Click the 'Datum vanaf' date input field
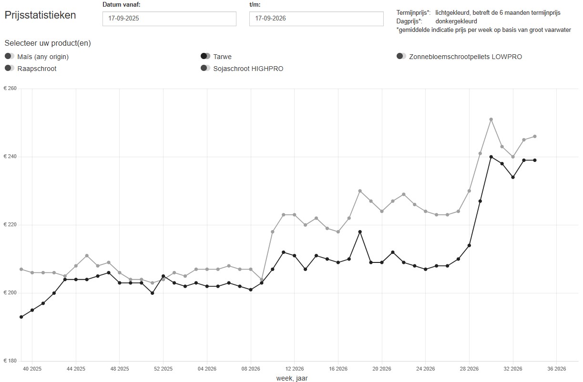(169, 19)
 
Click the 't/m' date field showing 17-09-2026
(316, 19)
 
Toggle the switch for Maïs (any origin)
(10, 56)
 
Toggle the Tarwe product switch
(205, 56)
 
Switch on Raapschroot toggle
(10, 68)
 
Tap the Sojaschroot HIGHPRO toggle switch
(205, 68)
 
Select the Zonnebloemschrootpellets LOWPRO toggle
(401, 56)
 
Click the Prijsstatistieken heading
(41, 15)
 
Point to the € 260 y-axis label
(10, 89)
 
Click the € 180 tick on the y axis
(10, 361)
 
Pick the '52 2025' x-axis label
(163, 369)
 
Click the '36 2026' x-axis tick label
(556, 369)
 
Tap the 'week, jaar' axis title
(292, 378)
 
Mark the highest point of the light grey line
(491, 120)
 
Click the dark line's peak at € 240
(491, 157)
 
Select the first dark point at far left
(21, 317)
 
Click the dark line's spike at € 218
(360, 232)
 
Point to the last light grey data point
(534, 137)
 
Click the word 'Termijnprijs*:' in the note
(413, 13)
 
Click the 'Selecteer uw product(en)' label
(48, 43)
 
